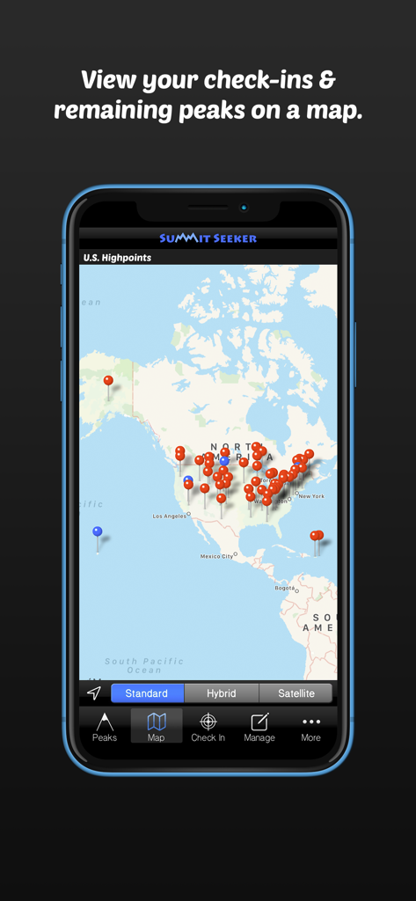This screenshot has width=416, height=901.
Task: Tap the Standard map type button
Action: pyautogui.click(x=147, y=693)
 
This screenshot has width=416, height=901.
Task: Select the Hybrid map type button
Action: pyautogui.click(x=222, y=693)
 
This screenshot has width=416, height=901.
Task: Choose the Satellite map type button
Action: pyautogui.click(x=296, y=693)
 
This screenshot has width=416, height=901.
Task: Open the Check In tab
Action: pyautogui.click(x=208, y=726)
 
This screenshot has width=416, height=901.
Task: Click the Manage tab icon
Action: pyautogui.click(x=259, y=726)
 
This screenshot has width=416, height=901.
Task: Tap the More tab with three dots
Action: pyautogui.click(x=311, y=726)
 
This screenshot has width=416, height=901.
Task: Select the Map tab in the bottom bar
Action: pyautogui.click(x=157, y=726)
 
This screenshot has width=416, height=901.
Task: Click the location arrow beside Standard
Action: pyautogui.click(x=94, y=693)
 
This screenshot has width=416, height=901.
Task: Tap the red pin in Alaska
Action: pyautogui.click(x=108, y=381)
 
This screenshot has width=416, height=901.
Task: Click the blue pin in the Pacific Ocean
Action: pyautogui.click(x=98, y=531)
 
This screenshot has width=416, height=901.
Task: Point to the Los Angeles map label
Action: pyautogui.click(x=170, y=516)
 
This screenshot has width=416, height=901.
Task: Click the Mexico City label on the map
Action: pyautogui.click(x=216, y=556)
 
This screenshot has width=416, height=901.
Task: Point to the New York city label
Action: pyautogui.click(x=311, y=496)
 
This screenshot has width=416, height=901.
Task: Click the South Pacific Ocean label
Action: pyautogui.click(x=144, y=665)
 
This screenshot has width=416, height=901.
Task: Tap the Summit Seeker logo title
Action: pyautogui.click(x=208, y=238)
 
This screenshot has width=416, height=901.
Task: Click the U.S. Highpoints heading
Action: pyautogui.click(x=118, y=258)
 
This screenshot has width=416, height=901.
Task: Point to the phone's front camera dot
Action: pyautogui.click(x=244, y=209)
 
